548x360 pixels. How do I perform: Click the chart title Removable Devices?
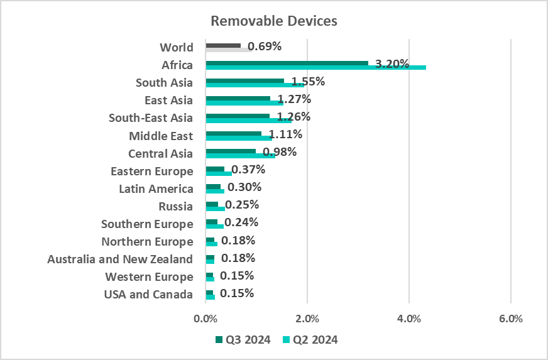274,21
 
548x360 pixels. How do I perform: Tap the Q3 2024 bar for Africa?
287,63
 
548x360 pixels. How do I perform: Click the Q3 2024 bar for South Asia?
244,80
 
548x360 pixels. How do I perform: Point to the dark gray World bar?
223,45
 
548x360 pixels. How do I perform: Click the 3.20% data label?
392,63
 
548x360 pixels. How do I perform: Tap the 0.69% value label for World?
265,46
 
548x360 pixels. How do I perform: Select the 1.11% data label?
285,134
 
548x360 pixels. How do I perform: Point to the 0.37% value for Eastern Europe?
248,170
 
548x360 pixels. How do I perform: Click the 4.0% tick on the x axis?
409,319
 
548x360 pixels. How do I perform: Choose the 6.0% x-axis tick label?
511,319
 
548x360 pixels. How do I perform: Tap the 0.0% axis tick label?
205,319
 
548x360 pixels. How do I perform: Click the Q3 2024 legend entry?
243,340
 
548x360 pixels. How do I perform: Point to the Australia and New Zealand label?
120,259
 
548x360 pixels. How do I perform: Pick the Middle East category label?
161,136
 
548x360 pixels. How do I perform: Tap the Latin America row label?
156,188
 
